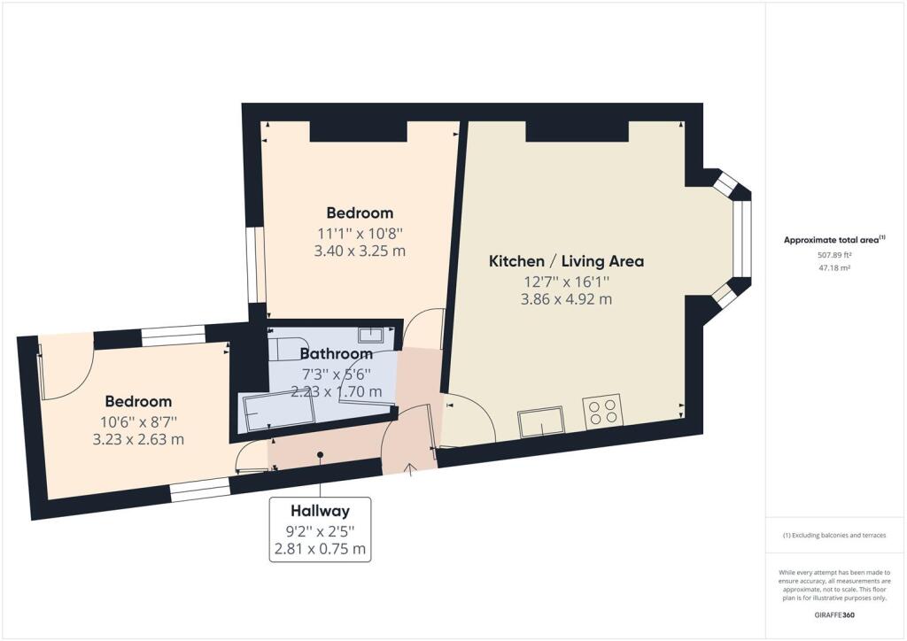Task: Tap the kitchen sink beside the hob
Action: [x=543, y=421]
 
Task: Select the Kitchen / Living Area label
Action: [x=566, y=261]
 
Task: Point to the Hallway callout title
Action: [x=320, y=511]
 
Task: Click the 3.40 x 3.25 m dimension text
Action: [x=360, y=251]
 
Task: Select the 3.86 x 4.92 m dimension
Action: [x=567, y=299]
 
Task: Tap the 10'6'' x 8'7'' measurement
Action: [x=138, y=421]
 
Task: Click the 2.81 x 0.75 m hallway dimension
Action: [x=320, y=549]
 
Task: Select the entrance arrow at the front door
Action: [x=409, y=467]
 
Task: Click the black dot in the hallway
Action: [x=320, y=455]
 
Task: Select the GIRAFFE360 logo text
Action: [x=835, y=614]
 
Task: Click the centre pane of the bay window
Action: [x=741, y=239]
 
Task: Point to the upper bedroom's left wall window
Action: [x=252, y=266]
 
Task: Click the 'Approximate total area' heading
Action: [x=833, y=240]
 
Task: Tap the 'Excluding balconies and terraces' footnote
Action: [x=834, y=536]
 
